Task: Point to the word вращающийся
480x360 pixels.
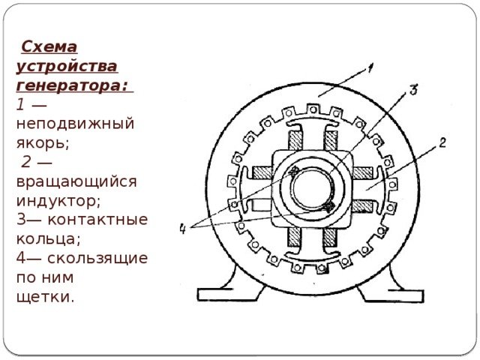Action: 76,181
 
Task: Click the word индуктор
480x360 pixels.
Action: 57,201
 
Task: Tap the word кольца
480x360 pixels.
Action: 43,240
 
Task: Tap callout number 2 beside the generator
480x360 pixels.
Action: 442,142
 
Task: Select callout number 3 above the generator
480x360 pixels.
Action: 413,90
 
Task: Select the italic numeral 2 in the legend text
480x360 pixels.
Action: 26,161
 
